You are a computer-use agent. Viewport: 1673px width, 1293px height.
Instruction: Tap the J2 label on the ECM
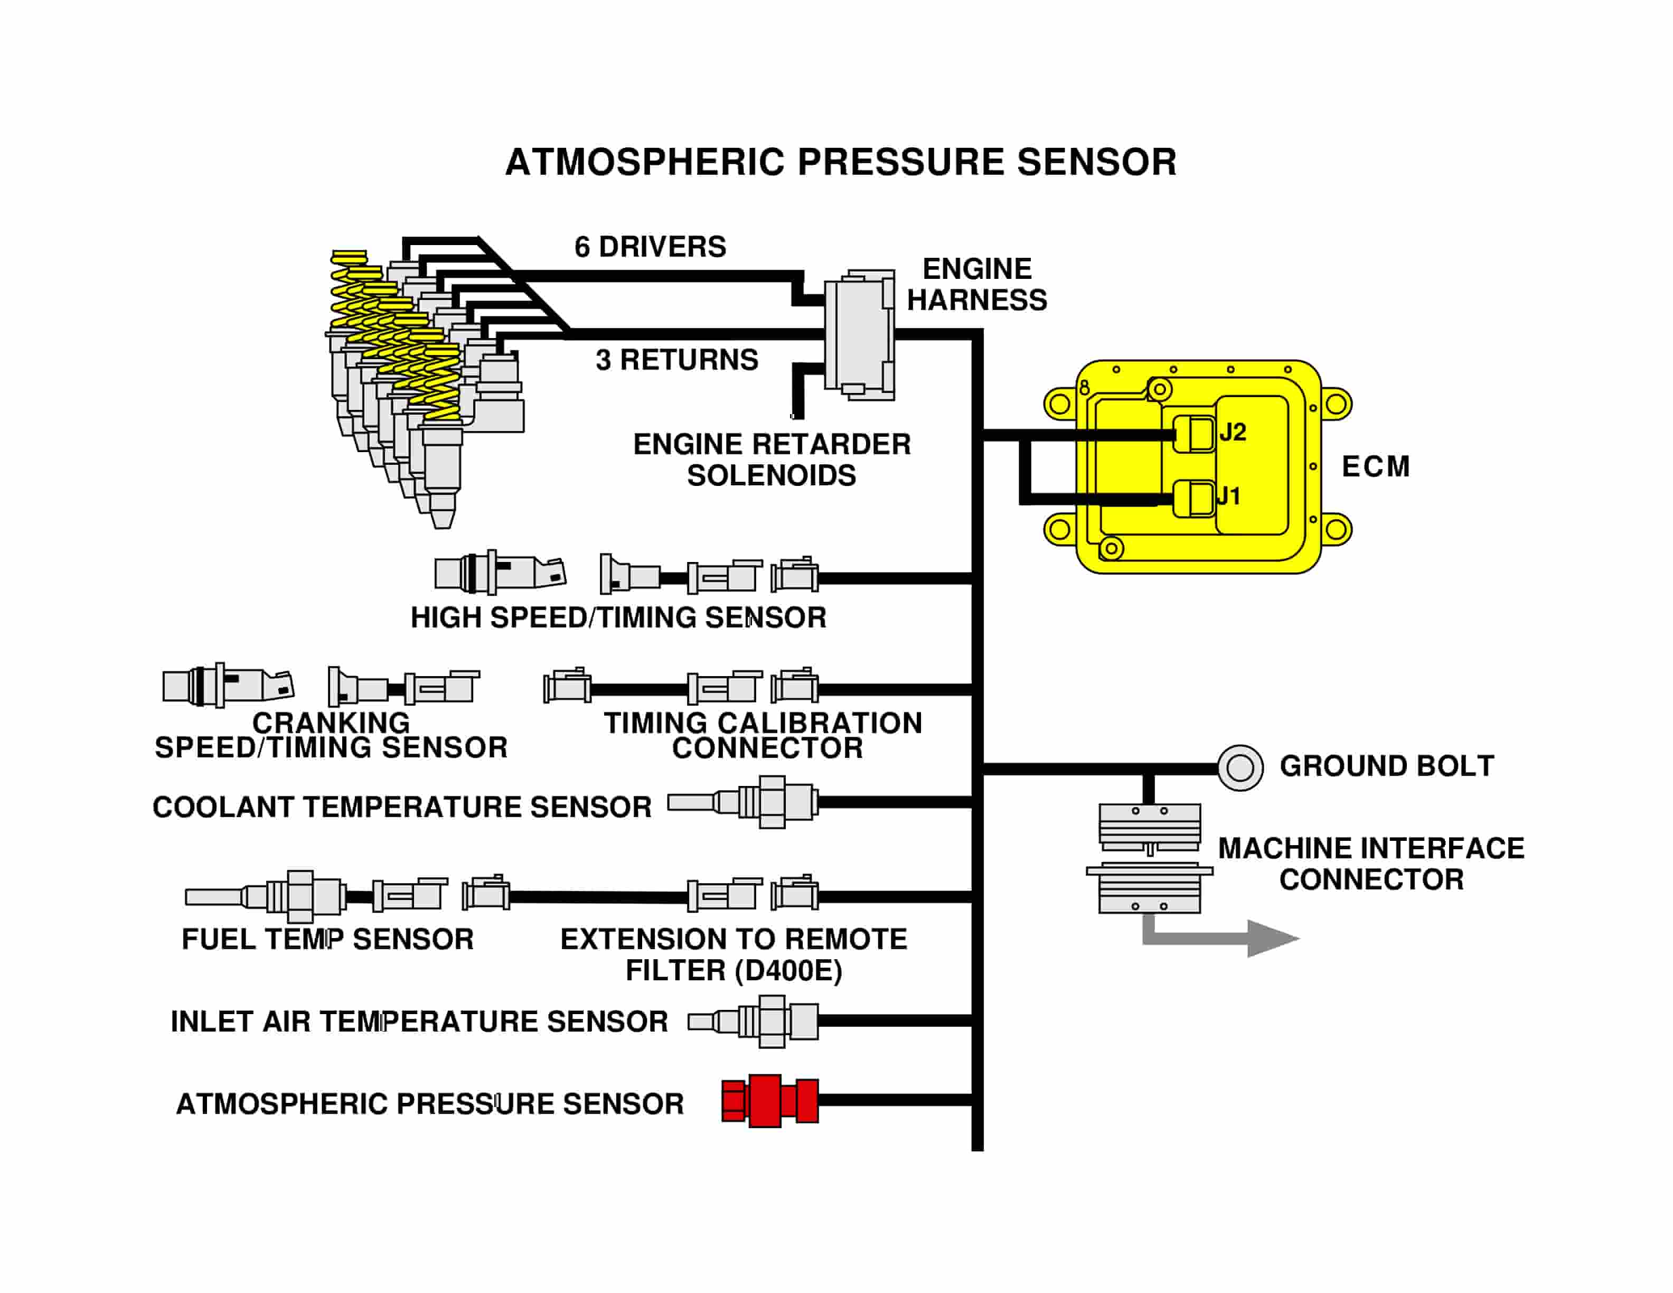[1233, 432]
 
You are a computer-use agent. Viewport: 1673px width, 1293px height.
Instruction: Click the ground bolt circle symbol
[1240, 767]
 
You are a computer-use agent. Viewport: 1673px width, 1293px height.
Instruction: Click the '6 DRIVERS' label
[650, 247]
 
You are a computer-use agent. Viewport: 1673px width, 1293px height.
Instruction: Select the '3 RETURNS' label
[676, 359]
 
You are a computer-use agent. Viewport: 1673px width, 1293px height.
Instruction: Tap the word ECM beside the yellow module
[1376, 466]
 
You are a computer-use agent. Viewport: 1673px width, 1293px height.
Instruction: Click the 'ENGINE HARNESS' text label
[976, 284]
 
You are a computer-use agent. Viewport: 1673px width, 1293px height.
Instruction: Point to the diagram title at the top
[840, 162]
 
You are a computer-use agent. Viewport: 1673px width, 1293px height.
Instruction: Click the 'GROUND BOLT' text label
[1386, 766]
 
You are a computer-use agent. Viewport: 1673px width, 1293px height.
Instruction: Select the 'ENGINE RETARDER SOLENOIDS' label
[772, 460]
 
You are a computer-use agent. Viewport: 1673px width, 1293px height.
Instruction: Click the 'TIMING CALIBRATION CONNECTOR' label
[764, 735]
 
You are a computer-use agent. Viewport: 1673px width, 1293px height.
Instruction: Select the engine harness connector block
[860, 335]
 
